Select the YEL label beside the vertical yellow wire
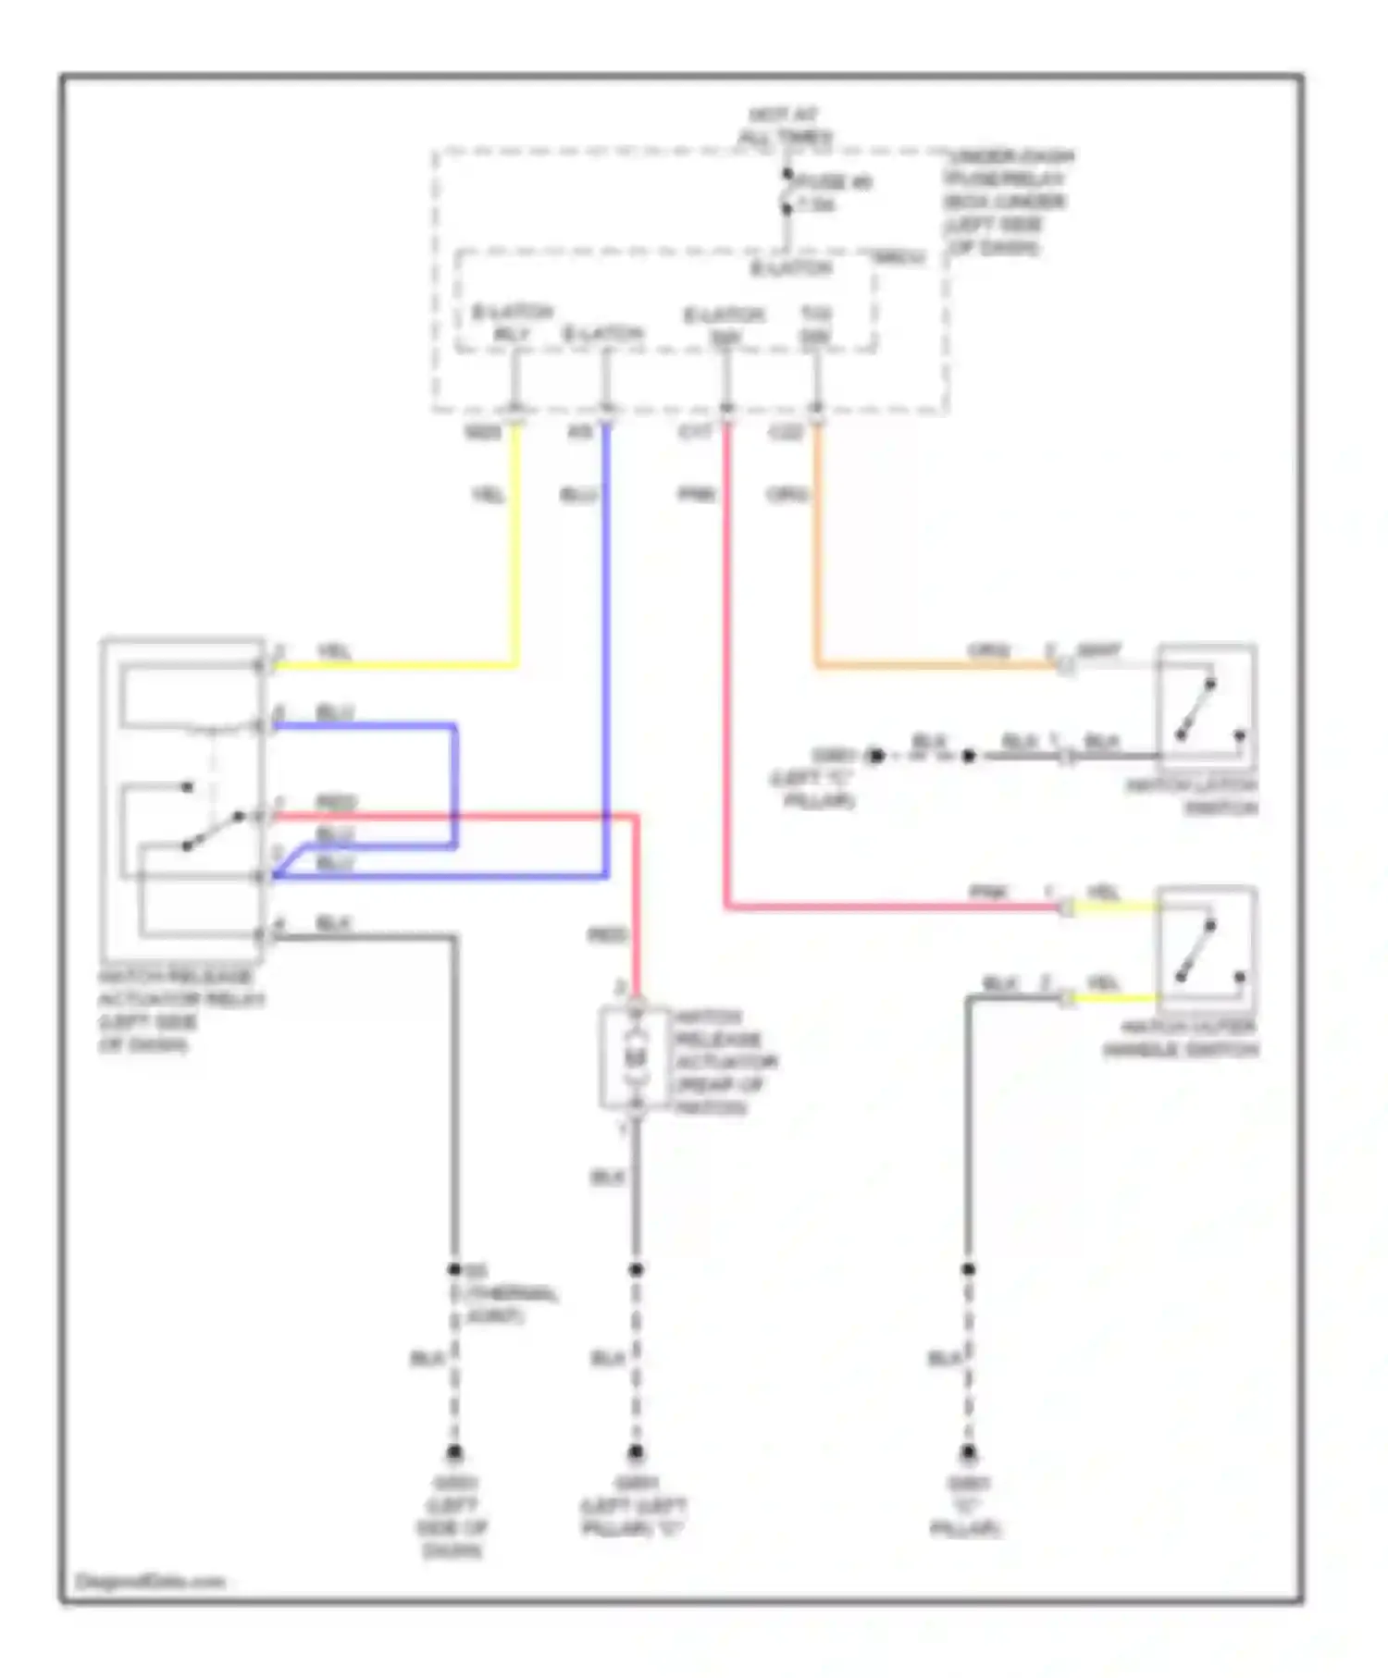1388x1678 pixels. tap(488, 496)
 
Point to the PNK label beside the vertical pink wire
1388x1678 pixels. tap(697, 495)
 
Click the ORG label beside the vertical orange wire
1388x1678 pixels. tap(787, 495)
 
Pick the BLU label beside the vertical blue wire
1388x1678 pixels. tap(578, 496)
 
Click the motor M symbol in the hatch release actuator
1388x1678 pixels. tap(635, 1057)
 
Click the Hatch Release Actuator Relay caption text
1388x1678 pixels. tap(180, 1011)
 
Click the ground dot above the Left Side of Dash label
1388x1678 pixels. tap(454, 1453)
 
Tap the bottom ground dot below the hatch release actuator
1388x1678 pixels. tap(636, 1453)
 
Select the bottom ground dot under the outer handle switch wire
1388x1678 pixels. tap(968, 1453)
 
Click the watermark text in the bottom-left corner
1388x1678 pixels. tap(150, 1581)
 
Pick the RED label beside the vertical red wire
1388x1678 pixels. tap(608, 936)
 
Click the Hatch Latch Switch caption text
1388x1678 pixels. tap(1193, 796)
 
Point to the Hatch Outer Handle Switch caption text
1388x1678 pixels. tap(1181, 1039)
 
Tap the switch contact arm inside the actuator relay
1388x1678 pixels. tap(213, 830)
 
